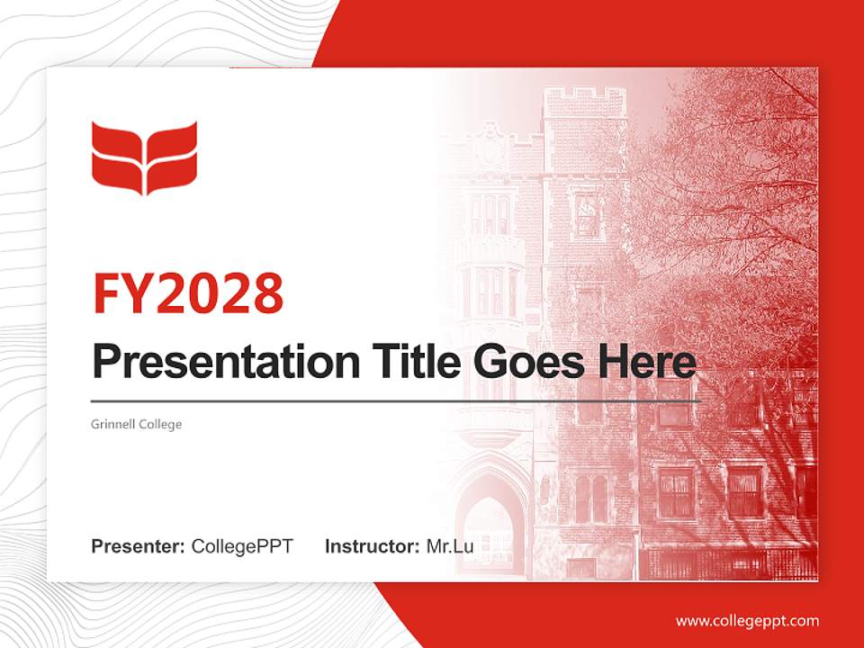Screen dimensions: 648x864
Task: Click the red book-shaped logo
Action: click(x=144, y=157)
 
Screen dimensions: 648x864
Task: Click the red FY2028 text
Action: click(x=188, y=292)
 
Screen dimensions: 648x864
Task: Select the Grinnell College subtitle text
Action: click(x=137, y=423)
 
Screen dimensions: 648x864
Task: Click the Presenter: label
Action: click(x=139, y=546)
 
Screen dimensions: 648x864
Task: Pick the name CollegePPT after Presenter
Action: click(x=242, y=546)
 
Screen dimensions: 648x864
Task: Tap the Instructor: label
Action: click(x=372, y=546)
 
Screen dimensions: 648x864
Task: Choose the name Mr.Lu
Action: click(x=450, y=546)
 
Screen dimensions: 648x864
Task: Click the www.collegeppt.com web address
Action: click(x=747, y=621)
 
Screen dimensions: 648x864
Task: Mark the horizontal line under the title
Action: click(x=396, y=400)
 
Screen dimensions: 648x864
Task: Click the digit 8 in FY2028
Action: click(x=267, y=292)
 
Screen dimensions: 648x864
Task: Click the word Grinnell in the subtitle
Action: click(x=113, y=423)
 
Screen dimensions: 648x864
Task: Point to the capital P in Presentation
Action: click(x=106, y=363)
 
